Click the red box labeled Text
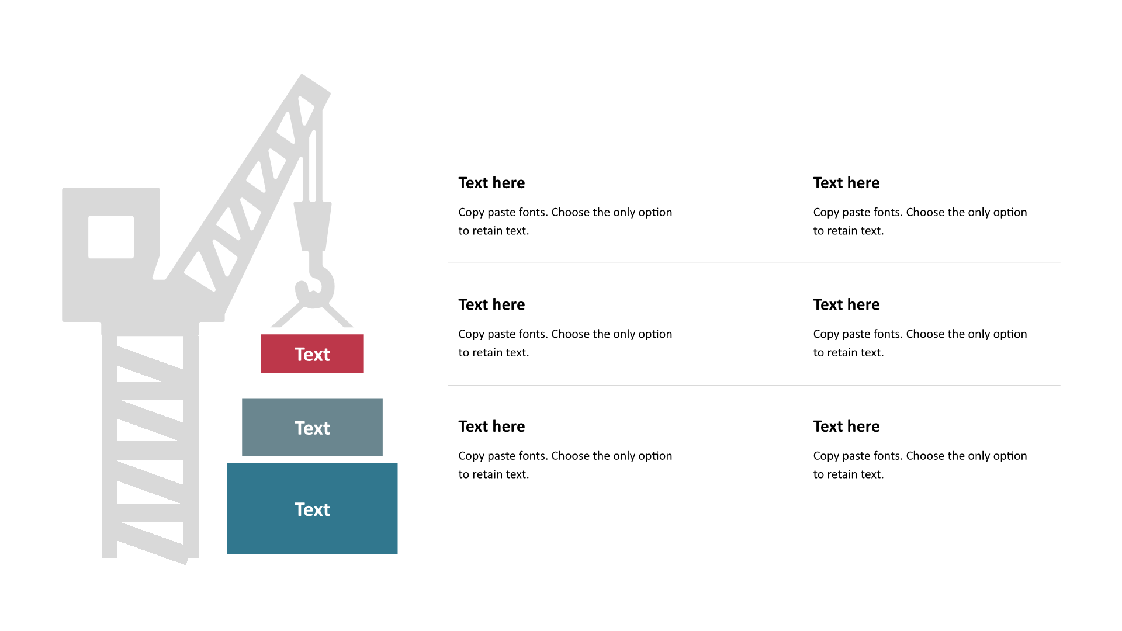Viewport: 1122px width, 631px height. (312, 353)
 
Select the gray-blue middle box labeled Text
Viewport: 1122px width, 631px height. (312, 427)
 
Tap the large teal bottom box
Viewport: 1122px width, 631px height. (312, 509)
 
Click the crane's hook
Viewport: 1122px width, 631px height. (315, 280)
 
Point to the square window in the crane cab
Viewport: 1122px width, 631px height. (111, 237)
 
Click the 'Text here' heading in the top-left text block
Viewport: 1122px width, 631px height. (491, 183)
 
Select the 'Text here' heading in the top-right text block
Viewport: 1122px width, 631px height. (846, 183)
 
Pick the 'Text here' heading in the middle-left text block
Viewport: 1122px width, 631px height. (491, 304)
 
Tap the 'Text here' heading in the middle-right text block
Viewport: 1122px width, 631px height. (846, 304)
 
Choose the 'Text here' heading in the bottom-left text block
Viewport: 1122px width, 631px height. (491, 427)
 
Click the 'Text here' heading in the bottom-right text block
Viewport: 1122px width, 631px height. (846, 427)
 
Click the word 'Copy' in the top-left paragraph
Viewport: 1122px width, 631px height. (471, 213)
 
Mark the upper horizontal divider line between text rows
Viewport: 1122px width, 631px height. (754, 262)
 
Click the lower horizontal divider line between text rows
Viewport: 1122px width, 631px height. (754, 386)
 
